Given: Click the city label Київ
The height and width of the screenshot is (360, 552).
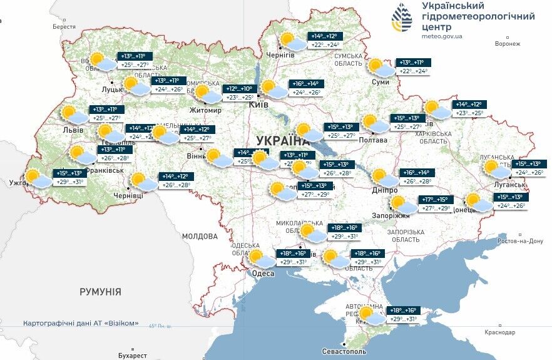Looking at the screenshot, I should pyautogui.click(x=258, y=105).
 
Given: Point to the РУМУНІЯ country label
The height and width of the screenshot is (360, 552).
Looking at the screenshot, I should pyautogui.click(x=100, y=292).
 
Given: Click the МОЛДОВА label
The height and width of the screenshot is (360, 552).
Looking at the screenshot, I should pyautogui.click(x=200, y=237).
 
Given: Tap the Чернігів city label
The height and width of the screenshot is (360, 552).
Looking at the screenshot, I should pyautogui.click(x=280, y=55).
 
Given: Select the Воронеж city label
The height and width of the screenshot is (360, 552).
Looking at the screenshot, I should pyautogui.click(x=507, y=44).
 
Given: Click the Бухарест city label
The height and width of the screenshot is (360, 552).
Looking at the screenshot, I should pyautogui.click(x=131, y=355).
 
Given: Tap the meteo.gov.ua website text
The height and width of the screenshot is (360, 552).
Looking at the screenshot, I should pyautogui.click(x=442, y=36).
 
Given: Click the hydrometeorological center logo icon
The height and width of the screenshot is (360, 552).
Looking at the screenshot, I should pyautogui.click(x=402, y=18).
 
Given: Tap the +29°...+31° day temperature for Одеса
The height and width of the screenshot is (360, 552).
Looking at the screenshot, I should pyautogui.click(x=293, y=262).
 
